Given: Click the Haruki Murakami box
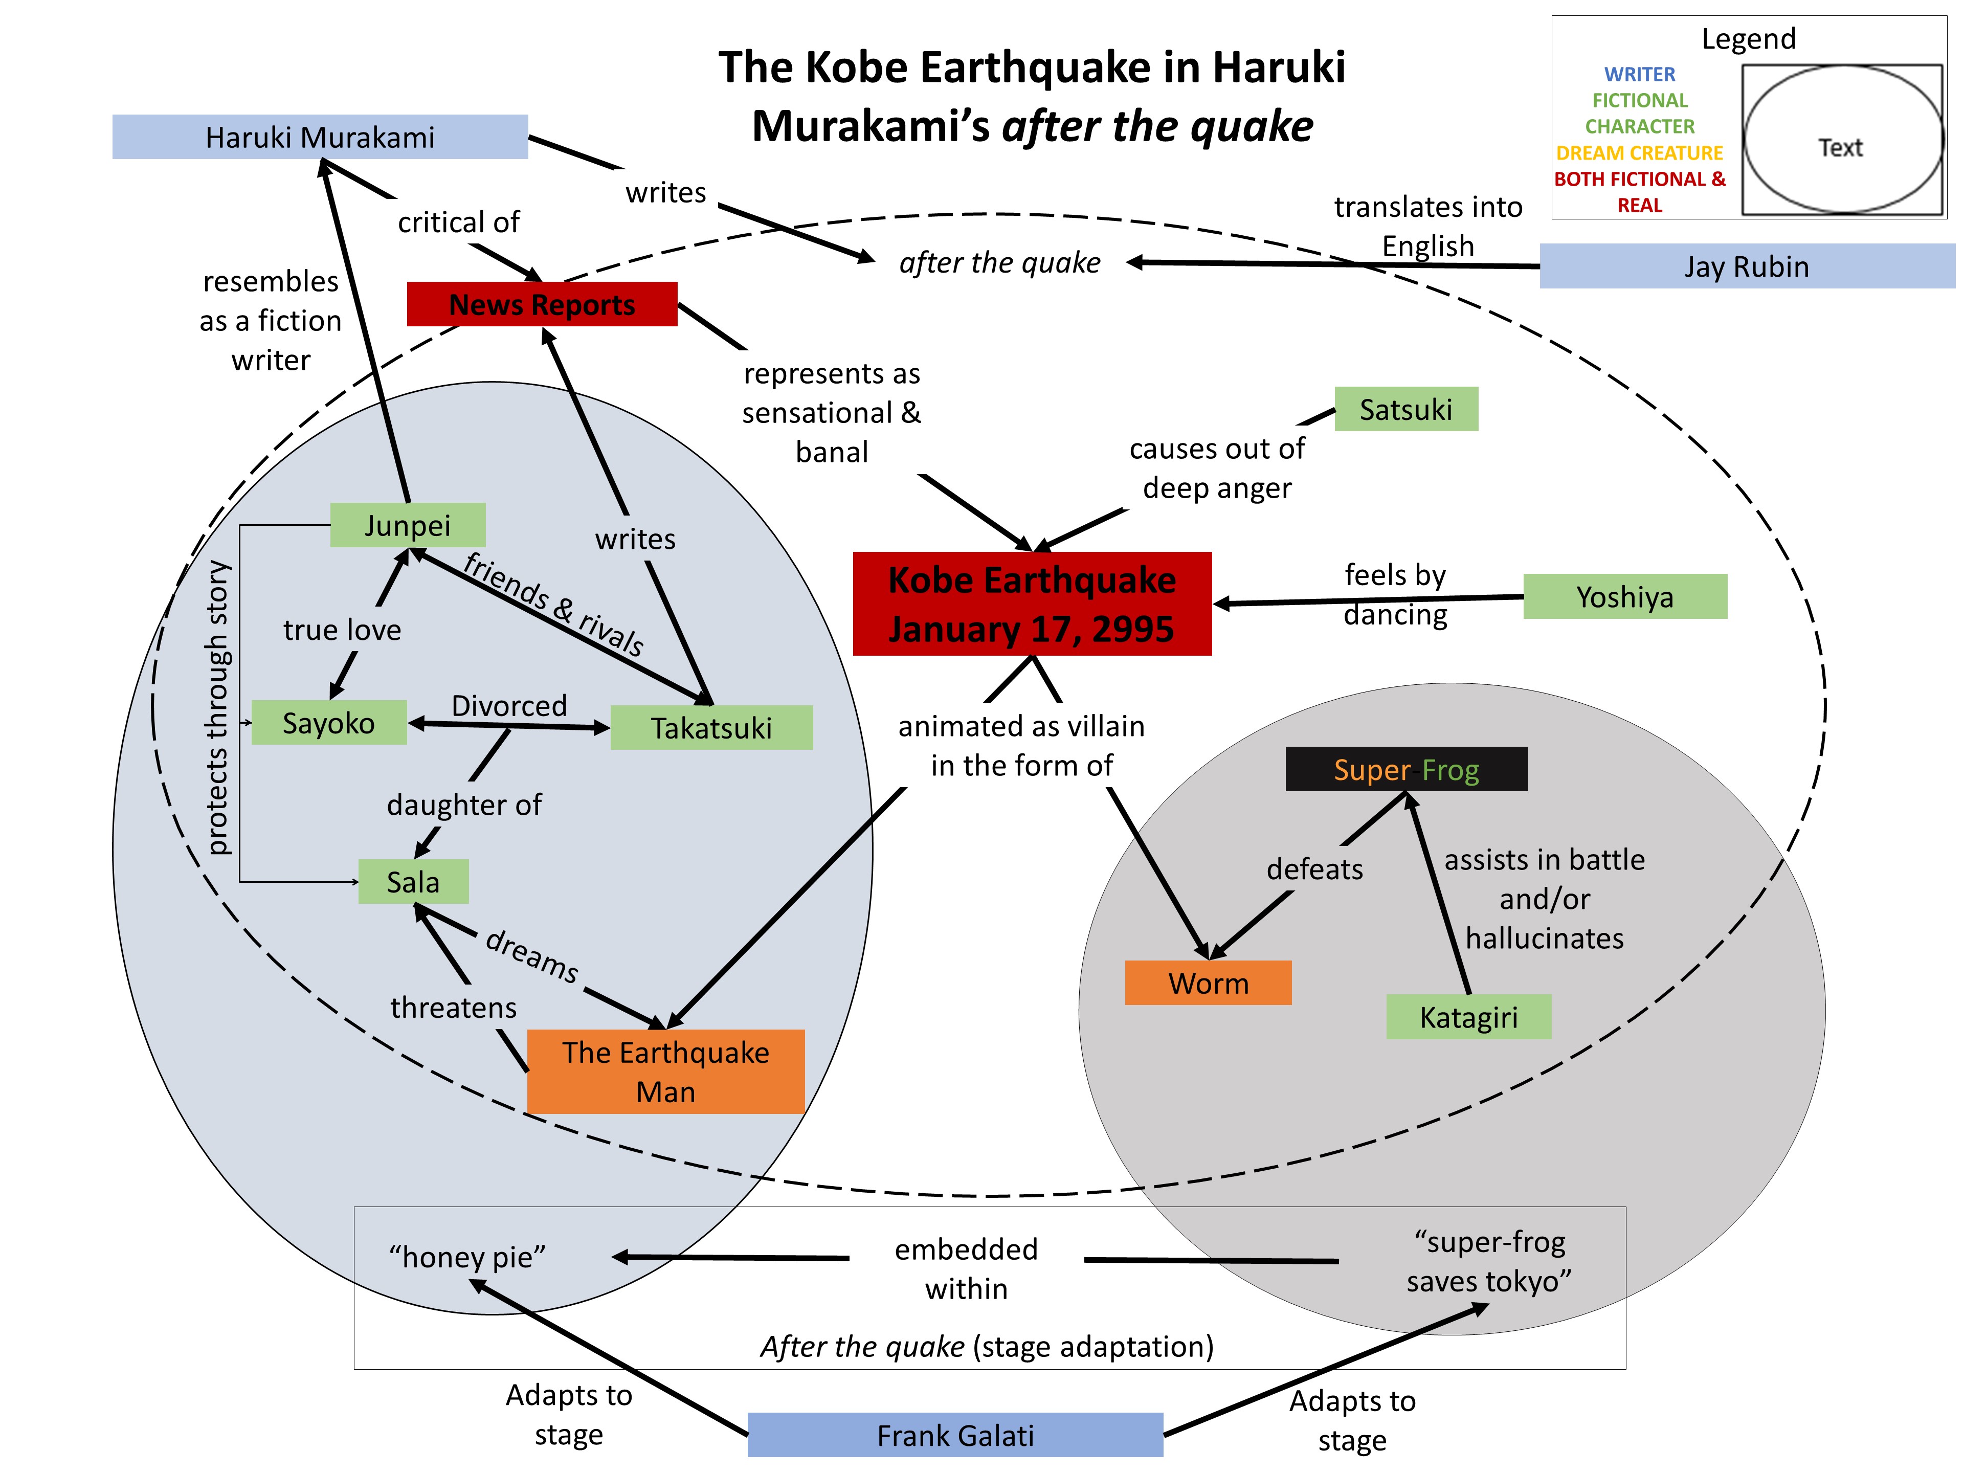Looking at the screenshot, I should (320, 138).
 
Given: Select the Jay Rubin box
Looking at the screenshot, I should (1747, 266).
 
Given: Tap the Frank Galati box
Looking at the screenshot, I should (955, 1435).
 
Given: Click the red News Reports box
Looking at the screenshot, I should (542, 304).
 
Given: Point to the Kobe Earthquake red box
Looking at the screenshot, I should (1032, 604).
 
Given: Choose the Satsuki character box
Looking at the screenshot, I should (1405, 409).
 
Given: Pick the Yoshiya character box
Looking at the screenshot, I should (1625, 597).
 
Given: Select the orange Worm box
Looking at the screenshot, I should (1208, 983).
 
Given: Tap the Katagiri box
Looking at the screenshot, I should (1468, 1017).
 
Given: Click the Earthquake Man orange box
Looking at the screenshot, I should (666, 1071).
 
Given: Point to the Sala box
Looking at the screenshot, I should (413, 882).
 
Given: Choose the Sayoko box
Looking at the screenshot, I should (328, 723).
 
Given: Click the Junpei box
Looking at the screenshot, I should (408, 525).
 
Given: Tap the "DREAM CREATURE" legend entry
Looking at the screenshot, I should (1639, 153).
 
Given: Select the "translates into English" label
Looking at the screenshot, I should (1427, 227).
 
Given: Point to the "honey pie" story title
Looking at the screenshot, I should (467, 1257).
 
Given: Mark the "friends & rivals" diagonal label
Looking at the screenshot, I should (553, 604).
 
